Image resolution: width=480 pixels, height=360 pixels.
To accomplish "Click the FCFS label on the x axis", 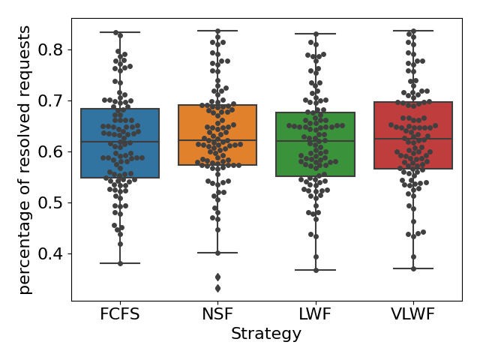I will point(120,315).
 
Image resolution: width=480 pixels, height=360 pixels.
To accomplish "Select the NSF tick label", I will point(217,315).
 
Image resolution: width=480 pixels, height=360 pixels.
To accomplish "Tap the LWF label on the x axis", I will point(316,315).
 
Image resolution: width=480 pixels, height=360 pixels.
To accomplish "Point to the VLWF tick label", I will point(412,315).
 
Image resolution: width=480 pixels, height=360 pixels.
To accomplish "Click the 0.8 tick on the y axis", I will point(52,49).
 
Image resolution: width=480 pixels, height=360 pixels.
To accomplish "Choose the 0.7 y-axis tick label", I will point(52,100).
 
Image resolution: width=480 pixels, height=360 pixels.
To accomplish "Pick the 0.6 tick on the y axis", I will point(52,151).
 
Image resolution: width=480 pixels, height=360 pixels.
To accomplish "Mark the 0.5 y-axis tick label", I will point(52,202).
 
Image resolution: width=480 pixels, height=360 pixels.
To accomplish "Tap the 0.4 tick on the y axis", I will point(52,253).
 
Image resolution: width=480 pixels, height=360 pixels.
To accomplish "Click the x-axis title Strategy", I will point(266,334).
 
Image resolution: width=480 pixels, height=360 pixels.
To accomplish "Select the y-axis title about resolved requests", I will point(25,159).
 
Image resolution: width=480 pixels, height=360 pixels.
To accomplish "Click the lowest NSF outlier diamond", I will point(217,288).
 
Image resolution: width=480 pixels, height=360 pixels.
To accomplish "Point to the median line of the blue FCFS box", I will point(120,142).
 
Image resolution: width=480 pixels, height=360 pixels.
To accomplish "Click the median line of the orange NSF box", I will point(217,140).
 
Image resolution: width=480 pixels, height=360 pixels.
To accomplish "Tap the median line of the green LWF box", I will point(316,141).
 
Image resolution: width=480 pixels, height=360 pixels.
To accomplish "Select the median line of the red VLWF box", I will point(412,139).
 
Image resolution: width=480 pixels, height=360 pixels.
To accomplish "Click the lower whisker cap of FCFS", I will point(120,263).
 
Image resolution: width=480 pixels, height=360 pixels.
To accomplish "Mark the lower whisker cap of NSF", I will point(217,253).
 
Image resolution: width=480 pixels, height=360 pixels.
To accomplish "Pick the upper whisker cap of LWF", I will point(316,34).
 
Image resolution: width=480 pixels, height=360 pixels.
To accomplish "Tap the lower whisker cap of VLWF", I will point(412,268).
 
